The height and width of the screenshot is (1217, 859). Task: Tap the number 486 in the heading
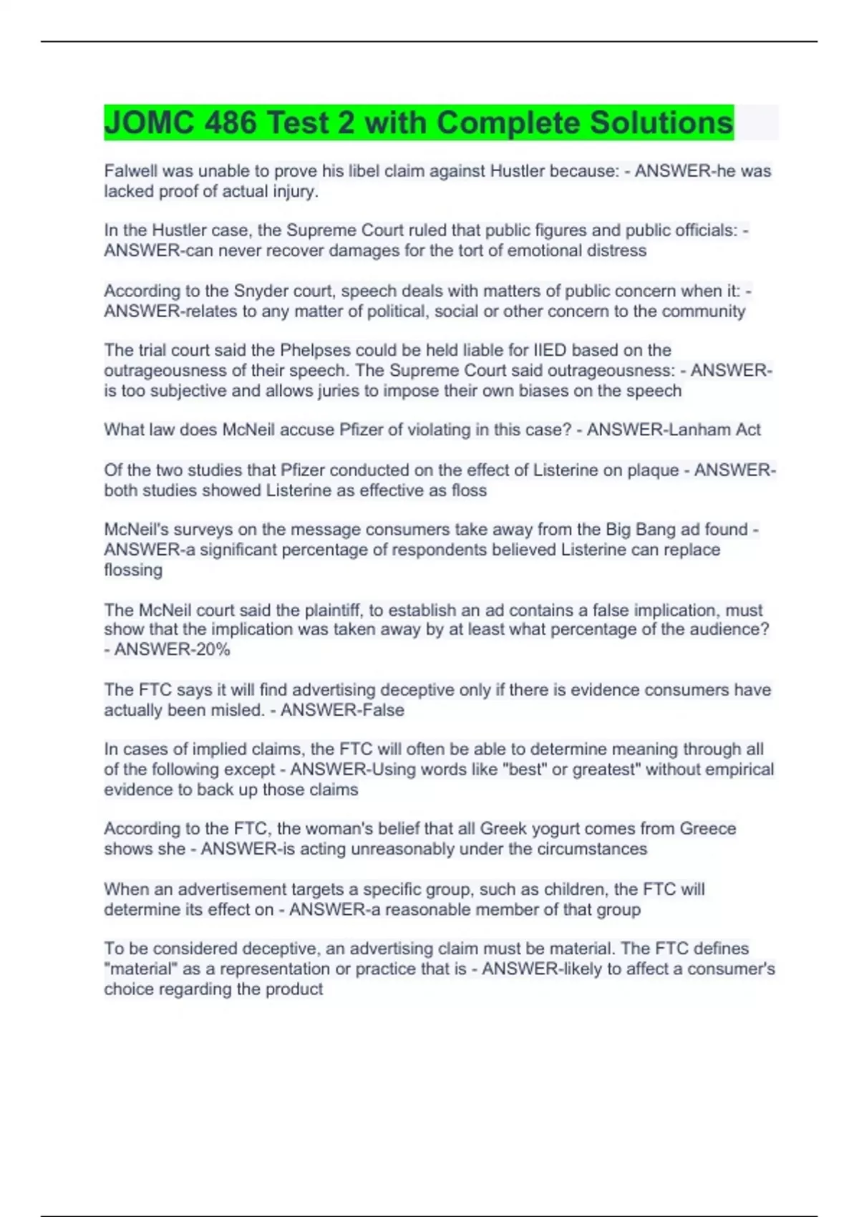230,123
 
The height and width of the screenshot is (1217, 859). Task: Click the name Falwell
130,171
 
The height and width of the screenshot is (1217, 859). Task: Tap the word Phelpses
314,351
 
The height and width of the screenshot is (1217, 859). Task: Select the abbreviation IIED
548,351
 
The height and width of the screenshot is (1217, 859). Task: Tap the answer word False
386,710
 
